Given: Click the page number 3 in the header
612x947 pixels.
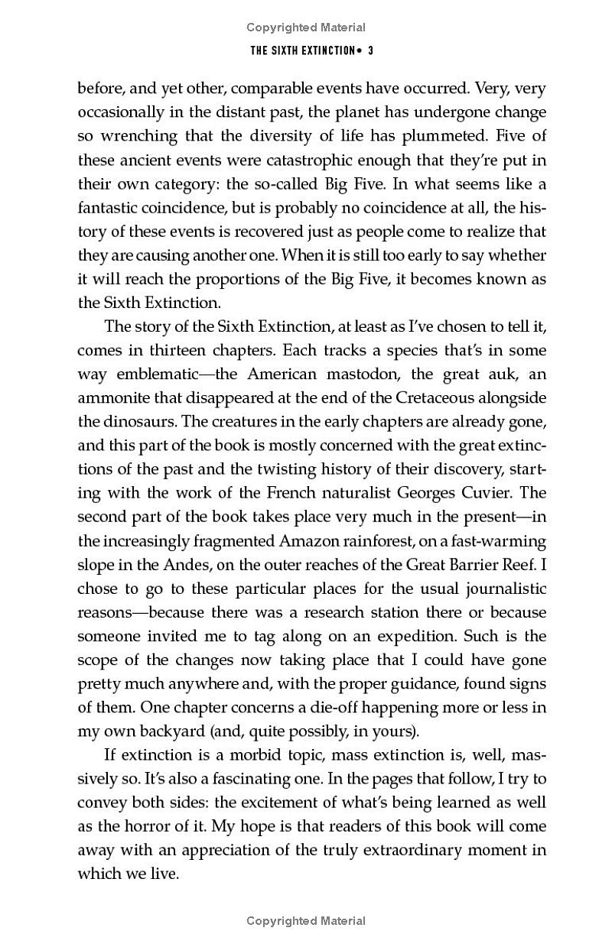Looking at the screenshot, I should [x=369, y=51].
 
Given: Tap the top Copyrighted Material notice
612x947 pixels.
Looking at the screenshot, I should [x=306, y=28].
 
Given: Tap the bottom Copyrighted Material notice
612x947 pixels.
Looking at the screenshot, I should [x=306, y=921].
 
